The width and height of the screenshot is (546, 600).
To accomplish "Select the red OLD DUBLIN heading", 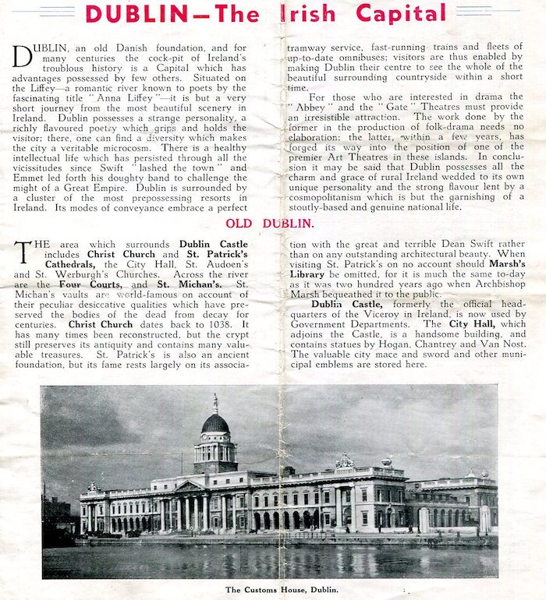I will click(270, 224).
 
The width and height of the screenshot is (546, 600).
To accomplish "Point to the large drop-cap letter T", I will click(23, 251).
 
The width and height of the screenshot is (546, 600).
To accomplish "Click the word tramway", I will click(307, 47).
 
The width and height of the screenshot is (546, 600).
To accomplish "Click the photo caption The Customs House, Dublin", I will click(282, 589).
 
